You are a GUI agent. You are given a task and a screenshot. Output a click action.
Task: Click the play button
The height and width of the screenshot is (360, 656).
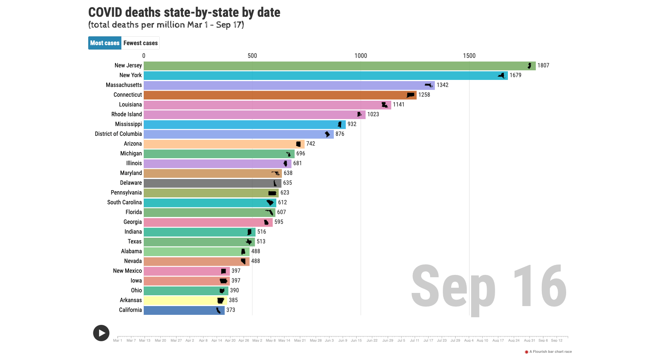tap(101, 333)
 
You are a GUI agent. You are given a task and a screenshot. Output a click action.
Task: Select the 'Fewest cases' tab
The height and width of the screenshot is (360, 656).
tap(141, 43)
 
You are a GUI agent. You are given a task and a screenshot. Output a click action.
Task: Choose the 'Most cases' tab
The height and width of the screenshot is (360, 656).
tap(105, 43)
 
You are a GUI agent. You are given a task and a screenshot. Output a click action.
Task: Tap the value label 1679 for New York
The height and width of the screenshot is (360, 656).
tap(515, 75)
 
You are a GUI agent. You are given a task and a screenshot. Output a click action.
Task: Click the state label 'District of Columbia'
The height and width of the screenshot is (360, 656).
tap(118, 134)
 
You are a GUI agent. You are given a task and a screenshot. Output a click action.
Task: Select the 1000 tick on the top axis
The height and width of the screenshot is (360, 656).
tap(361, 56)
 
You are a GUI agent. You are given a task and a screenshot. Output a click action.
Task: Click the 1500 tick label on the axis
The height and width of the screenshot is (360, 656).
tap(469, 56)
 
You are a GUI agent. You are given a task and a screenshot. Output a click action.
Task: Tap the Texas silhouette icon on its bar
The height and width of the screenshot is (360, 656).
tap(249, 242)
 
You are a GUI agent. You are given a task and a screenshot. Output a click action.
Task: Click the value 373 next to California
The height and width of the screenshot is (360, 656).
tap(231, 310)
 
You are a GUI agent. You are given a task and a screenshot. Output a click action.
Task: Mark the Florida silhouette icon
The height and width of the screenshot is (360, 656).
tap(270, 212)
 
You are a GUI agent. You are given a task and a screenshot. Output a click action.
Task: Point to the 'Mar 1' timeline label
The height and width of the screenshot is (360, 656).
tap(117, 340)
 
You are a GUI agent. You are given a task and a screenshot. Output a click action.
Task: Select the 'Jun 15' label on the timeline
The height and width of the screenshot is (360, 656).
tap(356, 340)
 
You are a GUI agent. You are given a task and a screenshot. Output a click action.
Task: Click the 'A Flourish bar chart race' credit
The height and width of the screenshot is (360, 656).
tap(550, 352)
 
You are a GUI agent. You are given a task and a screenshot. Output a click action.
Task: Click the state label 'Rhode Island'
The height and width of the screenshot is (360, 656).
tap(127, 114)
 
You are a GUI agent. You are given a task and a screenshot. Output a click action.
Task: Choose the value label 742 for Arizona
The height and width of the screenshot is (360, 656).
tap(311, 144)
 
